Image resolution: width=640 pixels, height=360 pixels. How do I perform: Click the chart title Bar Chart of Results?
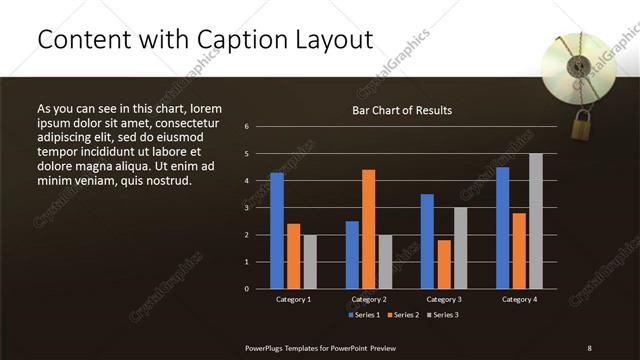point(401,110)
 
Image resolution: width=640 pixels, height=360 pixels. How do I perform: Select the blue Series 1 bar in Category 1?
point(277,230)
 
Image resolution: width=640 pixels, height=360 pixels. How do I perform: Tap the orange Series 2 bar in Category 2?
point(369,229)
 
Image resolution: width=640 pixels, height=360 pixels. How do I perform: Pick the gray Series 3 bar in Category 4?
point(536,221)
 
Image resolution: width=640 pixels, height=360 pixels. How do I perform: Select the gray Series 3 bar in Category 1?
point(310,261)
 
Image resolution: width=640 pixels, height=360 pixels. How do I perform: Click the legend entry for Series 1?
point(363,315)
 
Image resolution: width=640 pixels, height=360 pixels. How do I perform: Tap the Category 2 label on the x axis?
point(369,299)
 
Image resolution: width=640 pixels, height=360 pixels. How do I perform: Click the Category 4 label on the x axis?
point(519,299)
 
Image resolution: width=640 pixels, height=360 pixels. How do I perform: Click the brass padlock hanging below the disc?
point(582,125)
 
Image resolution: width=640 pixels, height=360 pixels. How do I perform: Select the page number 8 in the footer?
point(589,347)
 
